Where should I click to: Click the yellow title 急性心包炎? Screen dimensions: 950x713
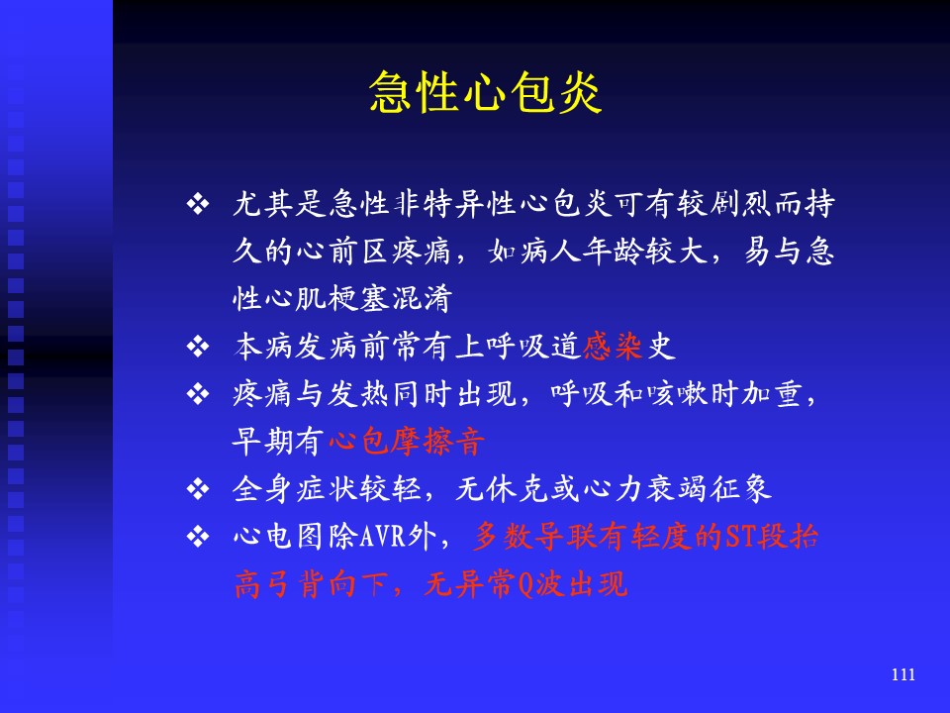(485, 92)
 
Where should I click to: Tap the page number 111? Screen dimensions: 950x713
(902, 674)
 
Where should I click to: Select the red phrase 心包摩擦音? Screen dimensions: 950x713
(407, 441)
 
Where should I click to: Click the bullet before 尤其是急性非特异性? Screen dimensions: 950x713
(198, 204)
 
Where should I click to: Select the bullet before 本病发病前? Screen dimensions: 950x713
(198, 347)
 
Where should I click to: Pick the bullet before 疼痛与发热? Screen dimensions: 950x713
(198, 394)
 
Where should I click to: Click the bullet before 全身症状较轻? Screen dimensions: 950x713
(198, 488)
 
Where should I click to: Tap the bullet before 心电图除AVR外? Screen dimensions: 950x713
(198, 537)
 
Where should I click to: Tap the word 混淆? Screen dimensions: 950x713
(423, 299)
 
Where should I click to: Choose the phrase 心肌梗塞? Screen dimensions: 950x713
(328, 299)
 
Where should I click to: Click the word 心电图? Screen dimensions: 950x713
(279, 537)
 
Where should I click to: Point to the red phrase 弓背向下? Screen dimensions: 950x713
(328, 584)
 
